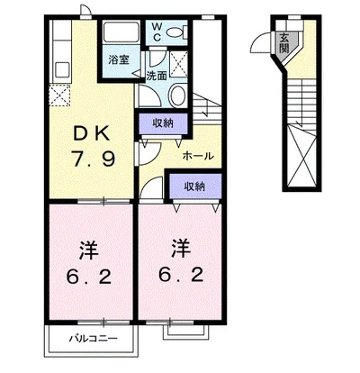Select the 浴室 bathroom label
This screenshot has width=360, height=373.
pyautogui.click(x=119, y=59)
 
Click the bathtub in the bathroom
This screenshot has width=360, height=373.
pyautogui.click(x=121, y=32)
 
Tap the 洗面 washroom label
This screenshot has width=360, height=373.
pyautogui.click(x=157, y=76)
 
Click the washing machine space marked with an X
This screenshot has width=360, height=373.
pyautogui.click(x=178, y=64)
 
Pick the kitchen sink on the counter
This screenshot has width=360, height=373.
pyautogui.click(x=62, y=69)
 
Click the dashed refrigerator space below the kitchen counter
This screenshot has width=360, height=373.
pyautogui.click(x=60, y=96)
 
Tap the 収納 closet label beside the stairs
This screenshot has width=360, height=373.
pyautogui.click(x=163, y=123)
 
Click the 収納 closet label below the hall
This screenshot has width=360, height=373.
pyautogui.click(x=194, y=186)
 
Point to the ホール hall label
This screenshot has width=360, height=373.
pyautogui.click(x=198, y=156)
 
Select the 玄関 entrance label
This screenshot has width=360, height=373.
pyautogui.click(x=283, y=42)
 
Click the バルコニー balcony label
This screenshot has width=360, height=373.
pyautogui.click(x=94, y=339)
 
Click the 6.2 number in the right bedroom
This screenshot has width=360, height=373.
pyautogui.click(x=181, y=274)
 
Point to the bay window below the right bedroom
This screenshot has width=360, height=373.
pyautogui.click(x=185, y=332)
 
